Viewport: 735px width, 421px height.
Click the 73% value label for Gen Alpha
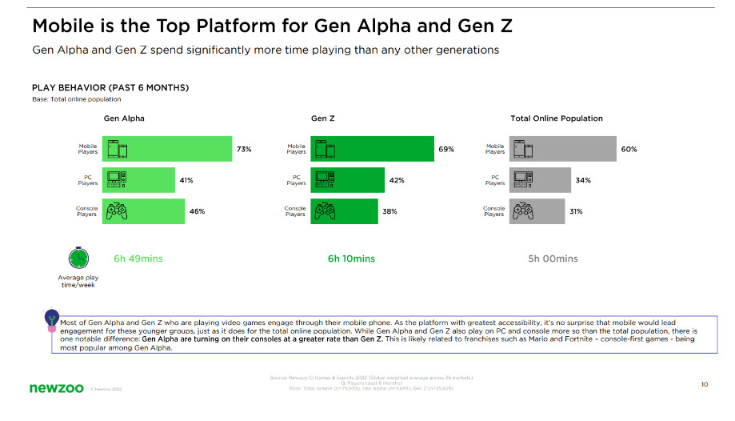coord(244,149)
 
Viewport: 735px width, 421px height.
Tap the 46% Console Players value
coord(197,211)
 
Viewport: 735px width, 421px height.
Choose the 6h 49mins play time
coord(138,259)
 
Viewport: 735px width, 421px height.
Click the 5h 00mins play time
coord(553,259)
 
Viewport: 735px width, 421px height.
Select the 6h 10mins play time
coord(351,259)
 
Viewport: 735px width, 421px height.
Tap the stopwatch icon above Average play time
coord(78,258)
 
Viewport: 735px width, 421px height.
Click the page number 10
coord(704,384)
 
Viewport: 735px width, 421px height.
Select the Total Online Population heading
coord(557,118)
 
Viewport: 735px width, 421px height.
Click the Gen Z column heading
coord(322,118)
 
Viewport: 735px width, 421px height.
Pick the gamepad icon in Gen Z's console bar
coord(324,211)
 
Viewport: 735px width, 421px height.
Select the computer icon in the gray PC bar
coord(522,180)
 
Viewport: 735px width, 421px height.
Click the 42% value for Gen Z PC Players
coord(396,180)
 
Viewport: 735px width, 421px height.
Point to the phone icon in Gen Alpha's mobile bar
coord(117,149)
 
